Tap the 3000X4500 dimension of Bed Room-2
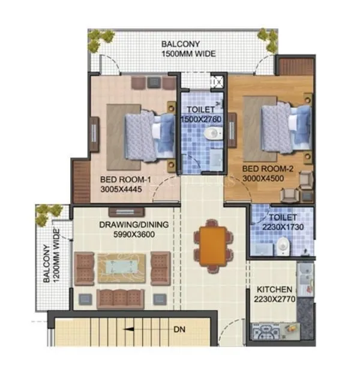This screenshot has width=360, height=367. [266, 179]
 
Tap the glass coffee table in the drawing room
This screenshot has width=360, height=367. [122, 264]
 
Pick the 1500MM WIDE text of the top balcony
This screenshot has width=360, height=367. [188, 54]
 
